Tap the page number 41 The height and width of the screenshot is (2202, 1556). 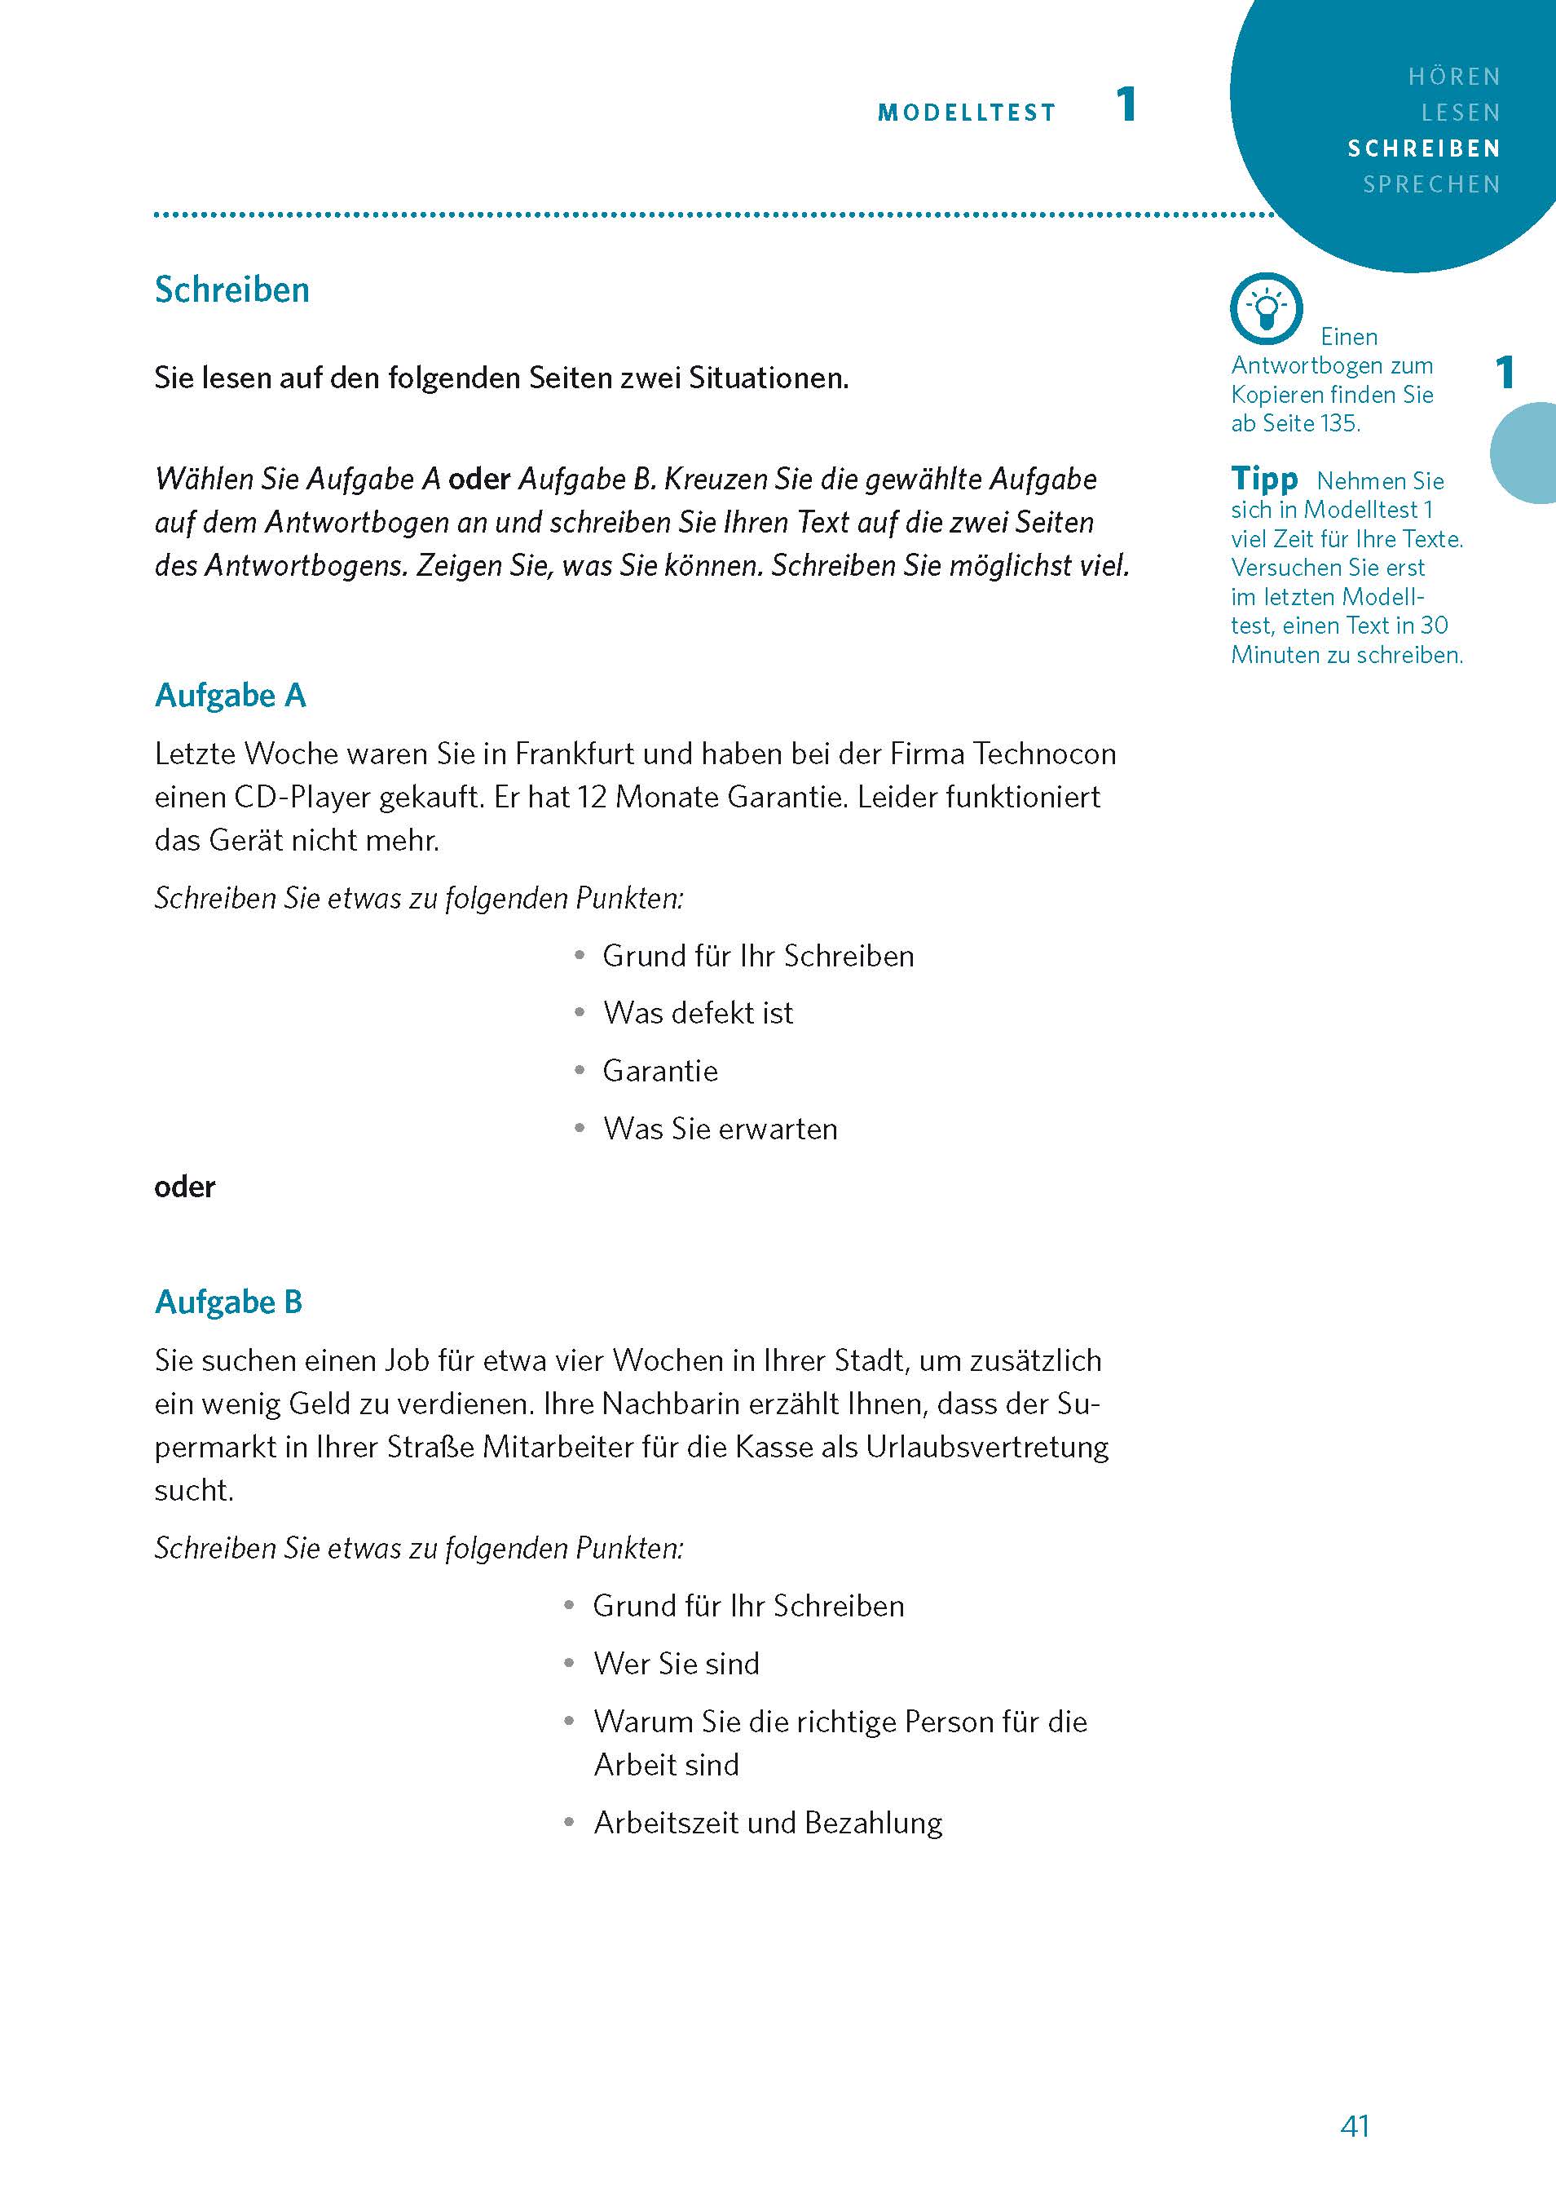coord(1355,2126)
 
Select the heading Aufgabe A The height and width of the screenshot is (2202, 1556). coord(230,696)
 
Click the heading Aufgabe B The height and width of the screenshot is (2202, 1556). coord(229,1302)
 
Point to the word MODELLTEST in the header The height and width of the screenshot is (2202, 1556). coord(967,113)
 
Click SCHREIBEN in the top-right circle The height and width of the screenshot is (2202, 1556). coord(1424,148)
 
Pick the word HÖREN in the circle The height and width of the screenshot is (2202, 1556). coord(1453,77)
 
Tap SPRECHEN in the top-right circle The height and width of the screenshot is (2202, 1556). coord(1431,184)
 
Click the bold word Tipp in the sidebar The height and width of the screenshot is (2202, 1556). coord(1264,479)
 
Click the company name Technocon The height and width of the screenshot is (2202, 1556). coord(1044,754)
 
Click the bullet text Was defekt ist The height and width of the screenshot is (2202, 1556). coord(698,1013)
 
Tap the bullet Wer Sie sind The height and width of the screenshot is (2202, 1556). coord(676,1663)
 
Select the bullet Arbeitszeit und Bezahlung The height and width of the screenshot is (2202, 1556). coord(768,1822)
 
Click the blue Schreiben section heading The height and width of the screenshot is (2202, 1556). coord(232,290)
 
